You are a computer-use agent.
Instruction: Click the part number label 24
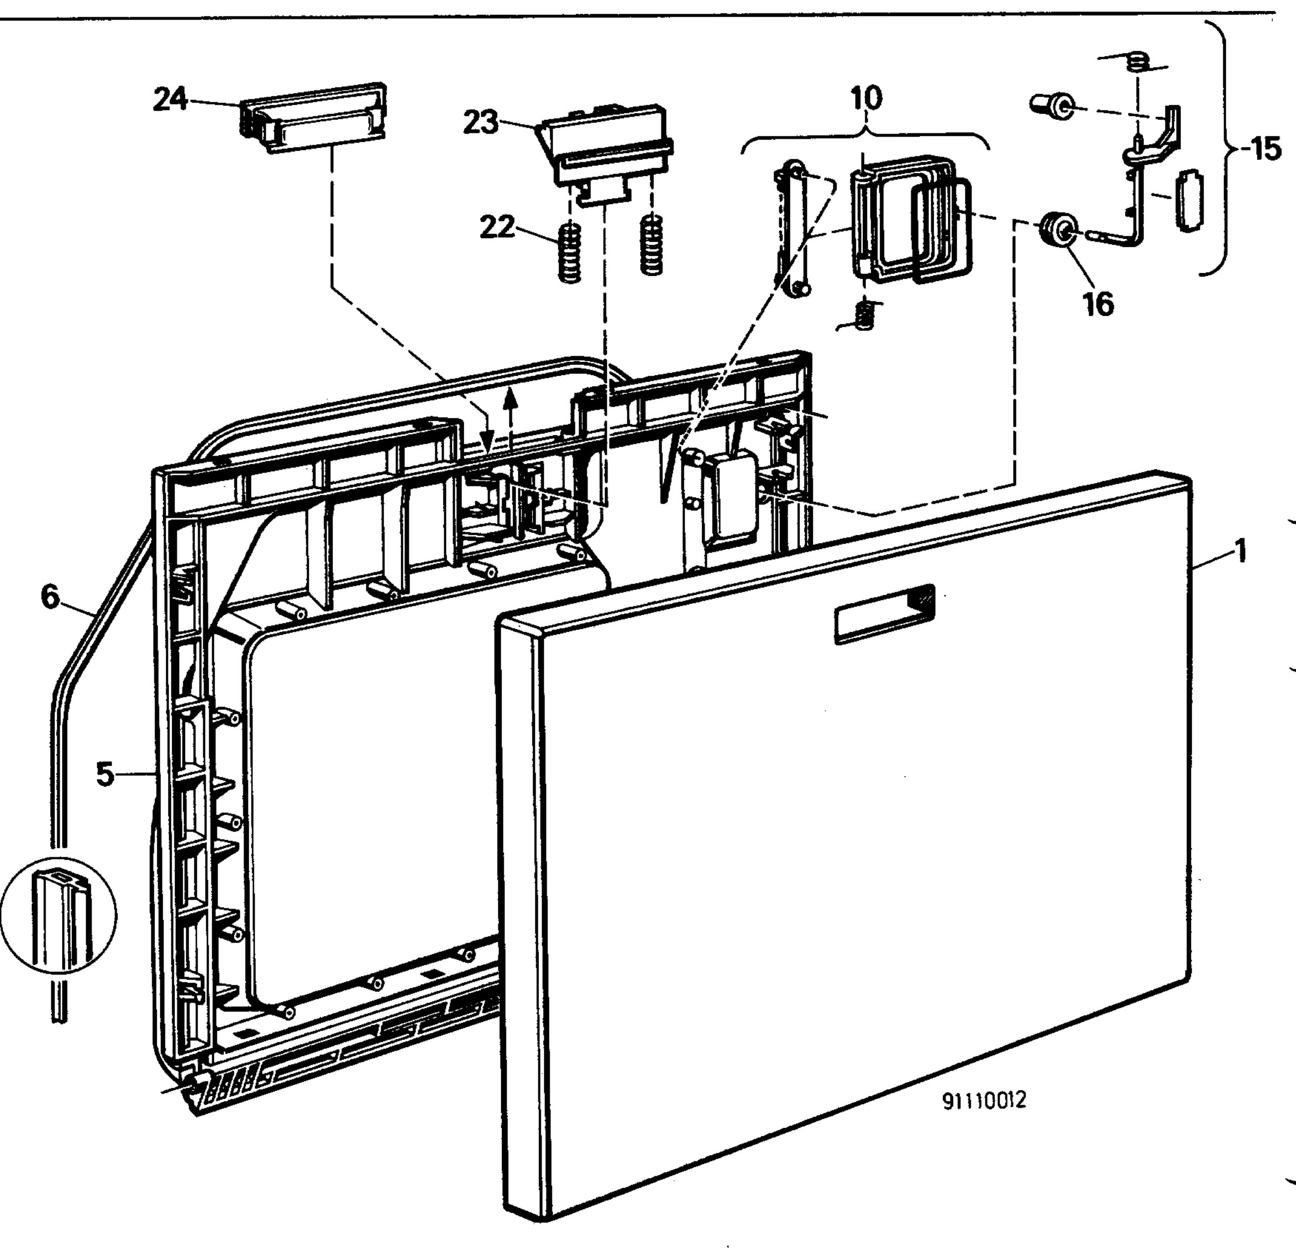tap(171, 99)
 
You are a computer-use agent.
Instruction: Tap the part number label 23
tap(480, 123)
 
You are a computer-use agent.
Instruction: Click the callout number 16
tap(1099, 303)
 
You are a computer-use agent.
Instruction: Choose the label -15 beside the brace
tap(1261, 149)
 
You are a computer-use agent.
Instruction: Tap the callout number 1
tap(1240, 551)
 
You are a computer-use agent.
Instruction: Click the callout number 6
tap(50, 597)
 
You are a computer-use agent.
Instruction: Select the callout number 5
tap(105, 774)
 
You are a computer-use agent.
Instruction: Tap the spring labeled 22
tap(570, 253)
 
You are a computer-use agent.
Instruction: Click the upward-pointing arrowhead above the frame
tap(509, 399)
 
